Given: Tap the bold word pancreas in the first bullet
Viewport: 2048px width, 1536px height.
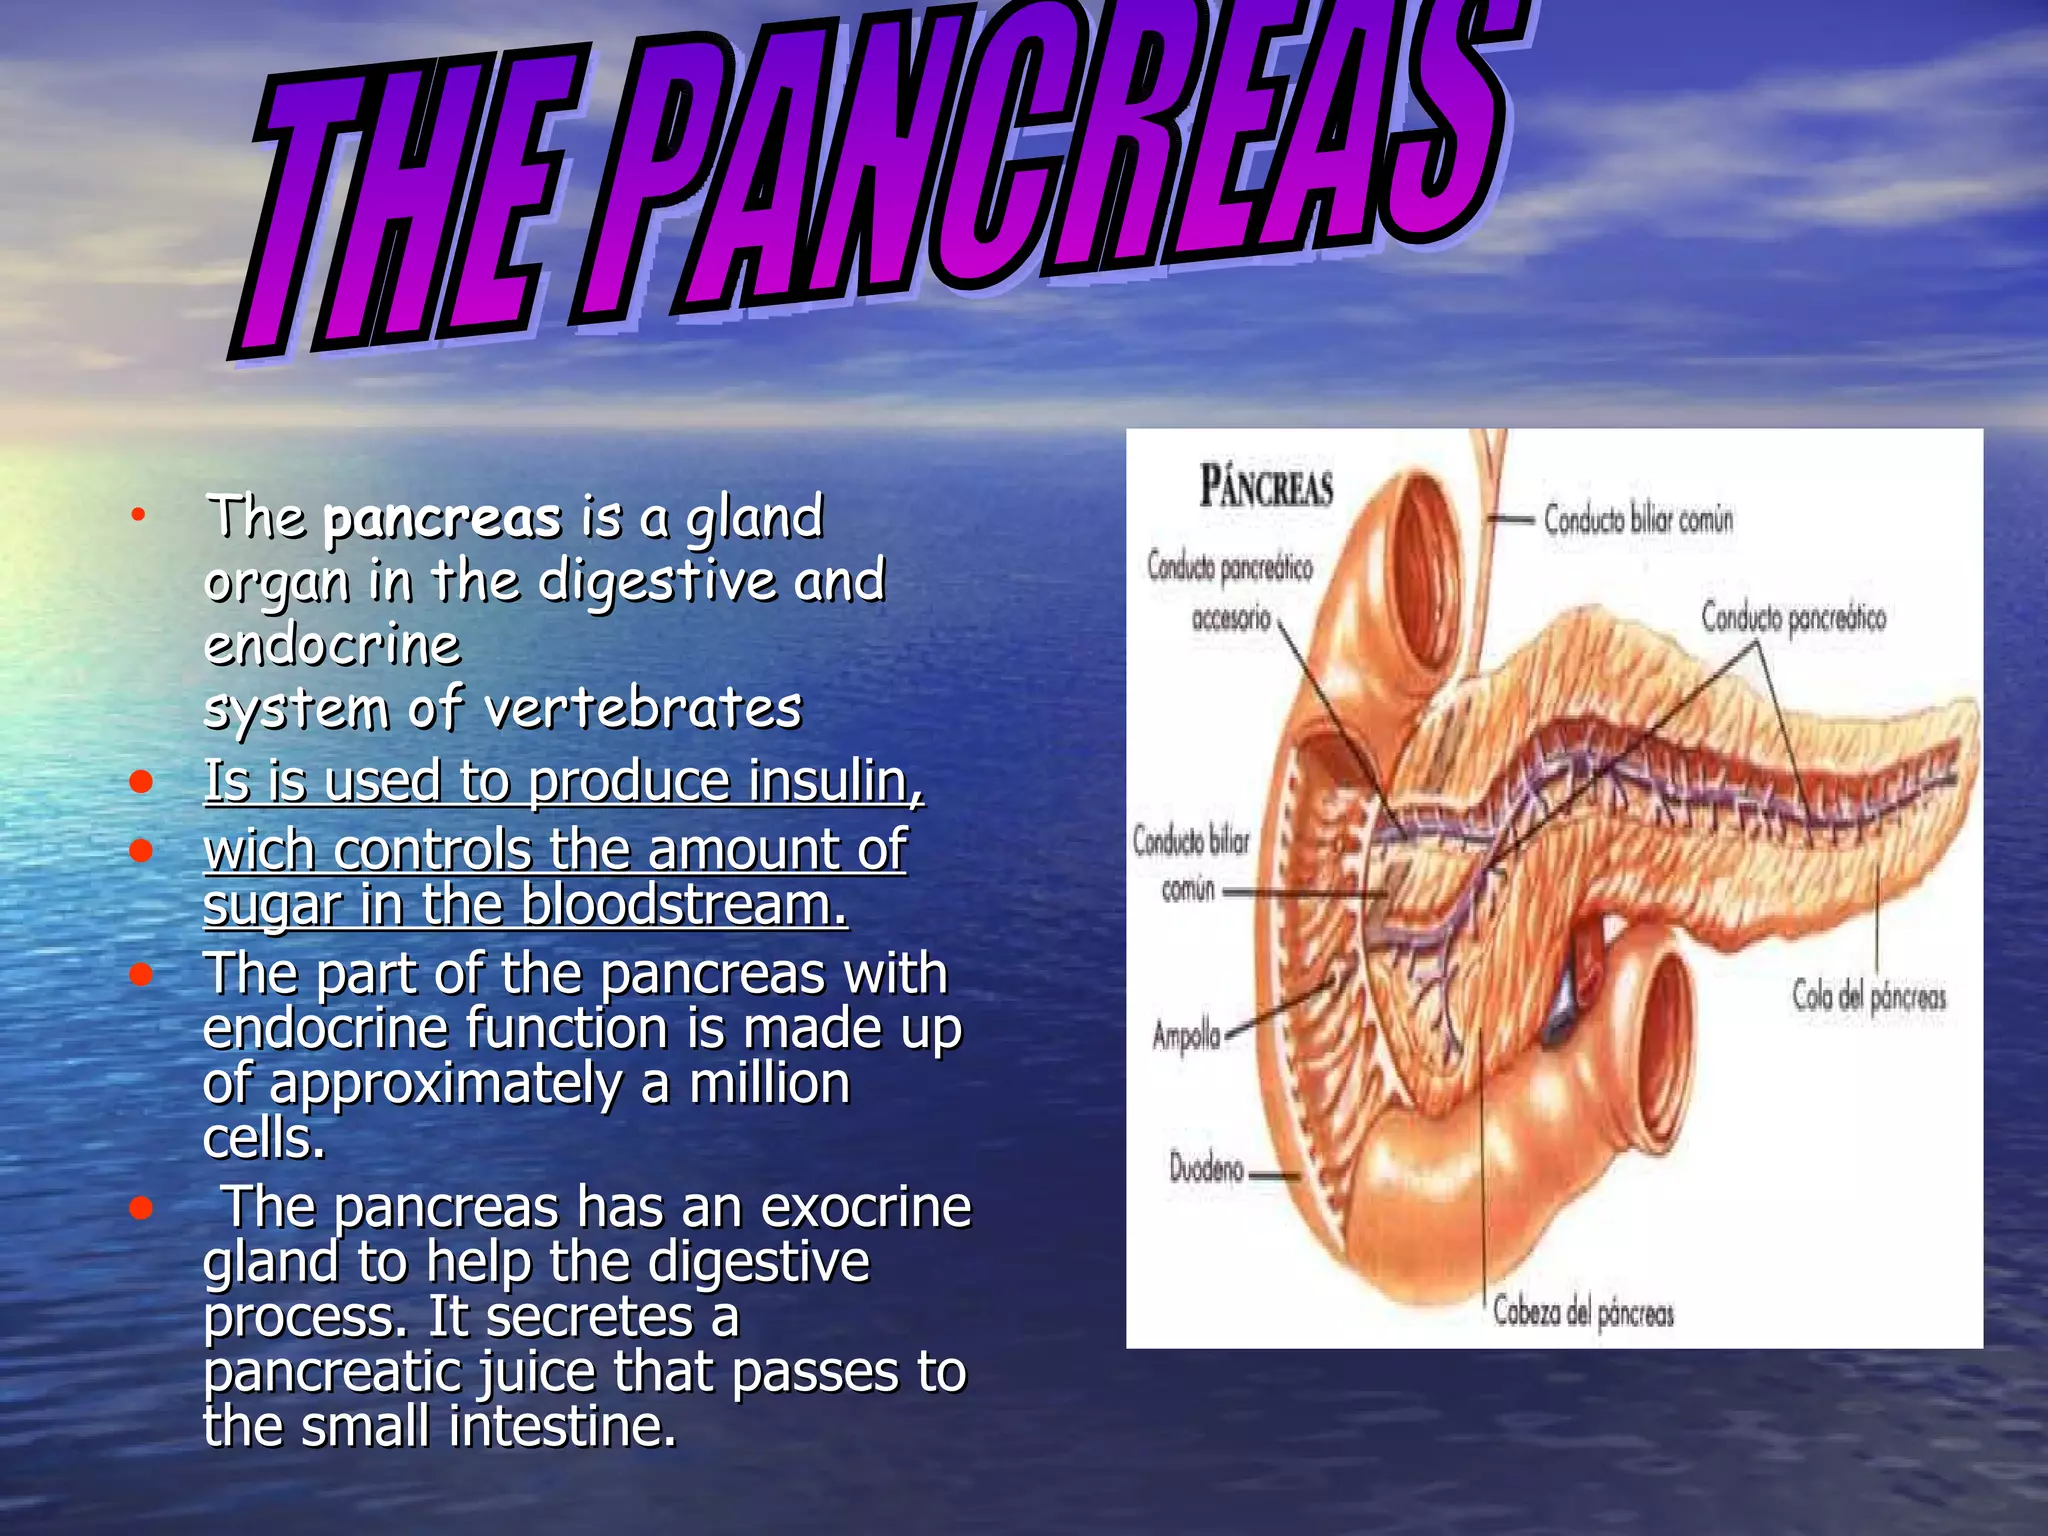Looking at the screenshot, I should point(442,519).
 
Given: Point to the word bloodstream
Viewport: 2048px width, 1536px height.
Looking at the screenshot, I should point(683,905).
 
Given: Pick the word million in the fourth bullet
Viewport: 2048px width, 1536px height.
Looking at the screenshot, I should point(769,1083).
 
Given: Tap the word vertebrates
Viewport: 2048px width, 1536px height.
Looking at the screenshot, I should point(643,708).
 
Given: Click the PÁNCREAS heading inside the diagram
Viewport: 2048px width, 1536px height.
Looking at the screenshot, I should point(1266,488).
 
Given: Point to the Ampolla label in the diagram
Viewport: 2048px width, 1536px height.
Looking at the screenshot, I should point(1186,1035).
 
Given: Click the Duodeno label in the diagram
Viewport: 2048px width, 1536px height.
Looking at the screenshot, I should point(1207,1168).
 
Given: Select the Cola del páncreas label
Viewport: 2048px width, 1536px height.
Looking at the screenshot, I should point(1868,997).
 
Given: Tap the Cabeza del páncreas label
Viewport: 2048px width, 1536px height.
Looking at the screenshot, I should point(1582,1312).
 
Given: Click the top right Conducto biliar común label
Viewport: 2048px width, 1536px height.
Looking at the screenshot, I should point(1638,520).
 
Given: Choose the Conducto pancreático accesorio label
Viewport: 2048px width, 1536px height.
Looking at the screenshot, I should point(1230,592).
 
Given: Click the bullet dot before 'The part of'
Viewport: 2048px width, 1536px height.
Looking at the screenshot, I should point(141,973).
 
